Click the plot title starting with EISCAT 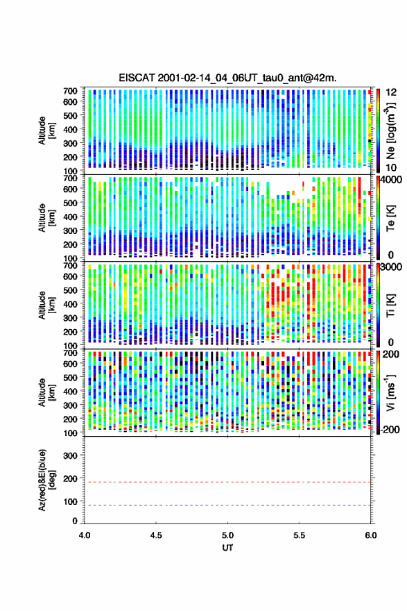(227, 78)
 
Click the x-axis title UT (227, 548)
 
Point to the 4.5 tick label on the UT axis (156, 535)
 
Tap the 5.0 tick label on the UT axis (227, 535)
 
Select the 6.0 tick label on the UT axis (371, 535)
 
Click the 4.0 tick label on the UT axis (85, 535)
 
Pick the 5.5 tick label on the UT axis (300, 535)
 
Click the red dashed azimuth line (227, 482)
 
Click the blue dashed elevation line (227, 505)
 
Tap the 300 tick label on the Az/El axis (71, 455)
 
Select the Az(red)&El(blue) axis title (46, 480)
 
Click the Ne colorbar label (391, 131)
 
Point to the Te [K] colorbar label (390, 218)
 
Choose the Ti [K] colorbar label (390, 305)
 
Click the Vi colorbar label (390, 393)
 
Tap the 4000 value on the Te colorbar (391, 181)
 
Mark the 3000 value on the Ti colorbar (391, 267)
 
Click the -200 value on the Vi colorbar (390, 429)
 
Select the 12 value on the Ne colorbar (391, 92)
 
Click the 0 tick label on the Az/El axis (75, 521)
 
